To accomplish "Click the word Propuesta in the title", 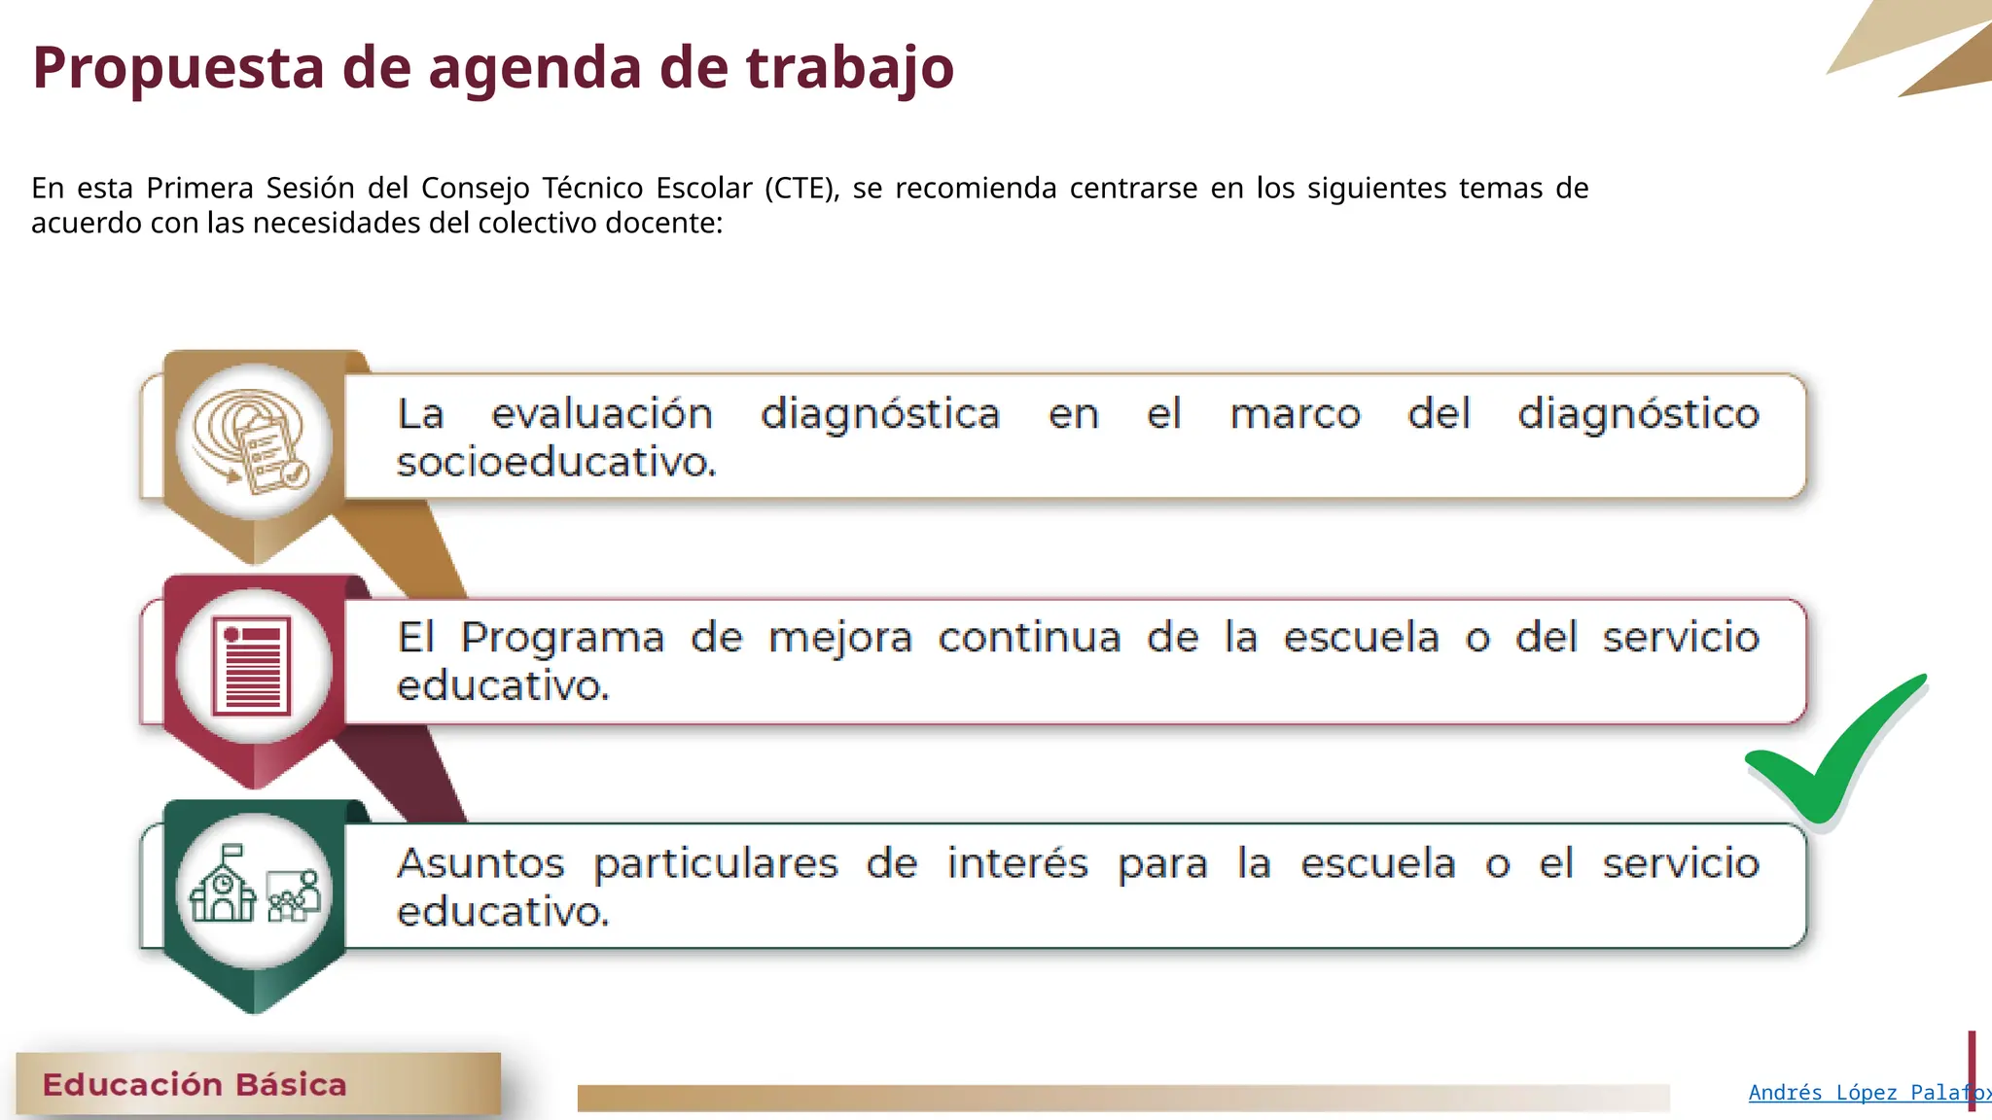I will point(178,68).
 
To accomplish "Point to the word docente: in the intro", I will point(663,224).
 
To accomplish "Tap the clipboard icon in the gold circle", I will point(255,442).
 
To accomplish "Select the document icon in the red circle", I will point(252,666).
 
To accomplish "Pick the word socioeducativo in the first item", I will point(555,462).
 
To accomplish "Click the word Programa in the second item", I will point(562,639).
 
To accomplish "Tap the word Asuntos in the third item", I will point(480,864).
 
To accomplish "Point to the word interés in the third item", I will point(1017,863).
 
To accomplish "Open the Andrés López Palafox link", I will point(1867,1093).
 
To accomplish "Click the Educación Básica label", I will point(195,1084).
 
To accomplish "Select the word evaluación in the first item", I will point(602,414).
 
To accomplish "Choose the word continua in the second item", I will point(1029,639).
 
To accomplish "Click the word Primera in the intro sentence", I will point(199,188).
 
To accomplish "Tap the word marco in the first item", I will point(1295,414).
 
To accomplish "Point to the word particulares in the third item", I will point(716,864).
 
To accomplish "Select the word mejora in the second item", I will point(840,639).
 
